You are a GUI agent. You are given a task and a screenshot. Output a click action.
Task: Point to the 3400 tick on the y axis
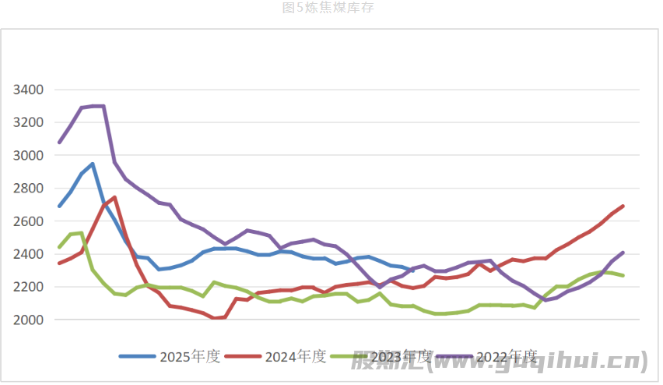(29, 90)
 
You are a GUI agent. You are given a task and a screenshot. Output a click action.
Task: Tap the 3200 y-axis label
(29, 122)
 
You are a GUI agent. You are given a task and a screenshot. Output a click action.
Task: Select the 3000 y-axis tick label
(29, 156)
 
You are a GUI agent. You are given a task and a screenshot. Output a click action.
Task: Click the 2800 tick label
(29, 189)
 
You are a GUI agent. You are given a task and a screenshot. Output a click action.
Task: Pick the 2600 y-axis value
(29, 221)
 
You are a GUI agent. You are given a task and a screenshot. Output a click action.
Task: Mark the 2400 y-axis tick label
(29, 254)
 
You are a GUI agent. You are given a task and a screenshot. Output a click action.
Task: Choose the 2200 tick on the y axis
(29, 287)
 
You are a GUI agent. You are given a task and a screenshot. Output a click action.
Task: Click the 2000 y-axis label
(29, 320)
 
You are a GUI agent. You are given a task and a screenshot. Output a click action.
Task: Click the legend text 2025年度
(190, 357)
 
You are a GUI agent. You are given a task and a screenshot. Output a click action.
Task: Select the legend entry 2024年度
(296, 357)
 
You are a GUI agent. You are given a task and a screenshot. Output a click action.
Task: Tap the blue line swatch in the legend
(137, 357)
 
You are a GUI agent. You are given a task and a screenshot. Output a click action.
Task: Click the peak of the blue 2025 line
(93, 164)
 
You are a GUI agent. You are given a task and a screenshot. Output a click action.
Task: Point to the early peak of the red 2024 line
(114, 197)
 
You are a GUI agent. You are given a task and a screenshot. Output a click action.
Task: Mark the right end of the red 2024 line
(623, 206)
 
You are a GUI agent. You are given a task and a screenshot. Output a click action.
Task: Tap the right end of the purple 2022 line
(623, 253)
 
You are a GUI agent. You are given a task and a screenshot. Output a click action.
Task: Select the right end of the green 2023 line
(623, 275)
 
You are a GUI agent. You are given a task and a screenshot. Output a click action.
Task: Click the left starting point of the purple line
(60, 143)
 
